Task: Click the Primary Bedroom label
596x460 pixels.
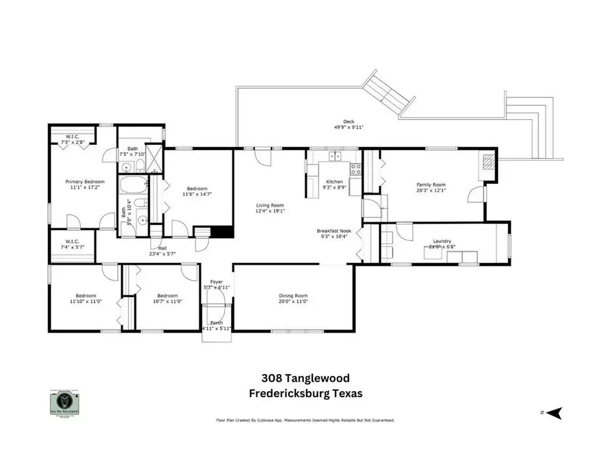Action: [82, 181]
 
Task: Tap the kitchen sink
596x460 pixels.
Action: [335, 157]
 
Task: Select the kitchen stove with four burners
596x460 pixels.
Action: [355, 169]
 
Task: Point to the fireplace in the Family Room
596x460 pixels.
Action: [488, 162]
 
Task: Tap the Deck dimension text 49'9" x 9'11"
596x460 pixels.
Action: [348, 127]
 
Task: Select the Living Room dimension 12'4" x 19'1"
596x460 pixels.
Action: [270, 211]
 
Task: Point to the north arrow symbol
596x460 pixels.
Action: [554, 412]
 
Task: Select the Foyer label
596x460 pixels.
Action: [217, 282]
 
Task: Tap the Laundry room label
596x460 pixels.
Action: [442, 241]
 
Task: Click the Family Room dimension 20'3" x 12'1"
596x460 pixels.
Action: [430, 191]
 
